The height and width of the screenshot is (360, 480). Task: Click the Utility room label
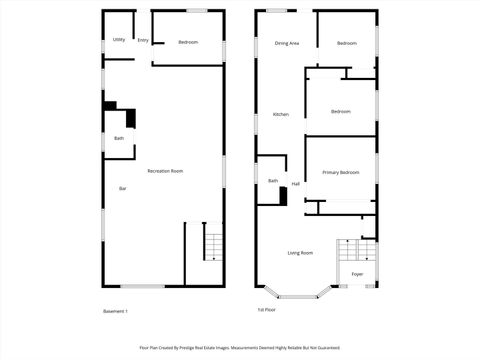click(119, 41)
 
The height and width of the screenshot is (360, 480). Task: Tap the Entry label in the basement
click(143, 41)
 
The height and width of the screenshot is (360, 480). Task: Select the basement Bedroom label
click(188, 42)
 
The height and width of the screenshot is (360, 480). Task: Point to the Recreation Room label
click(165, 171)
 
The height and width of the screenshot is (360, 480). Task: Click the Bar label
click(123, 189)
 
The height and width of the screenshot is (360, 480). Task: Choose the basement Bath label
click(119, 138)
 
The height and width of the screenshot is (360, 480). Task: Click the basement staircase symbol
click(212, 244)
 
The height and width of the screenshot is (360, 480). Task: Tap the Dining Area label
click(287, 43)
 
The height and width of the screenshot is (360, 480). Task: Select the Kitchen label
click(281, 114)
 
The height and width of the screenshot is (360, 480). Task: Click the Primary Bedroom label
click(340, 173)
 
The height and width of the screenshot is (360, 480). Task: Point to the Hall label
click(296, 184)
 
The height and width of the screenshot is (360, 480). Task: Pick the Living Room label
click(300, 253)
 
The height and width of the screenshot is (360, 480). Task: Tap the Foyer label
click(357, 274)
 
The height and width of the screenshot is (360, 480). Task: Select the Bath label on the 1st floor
click(273, 180)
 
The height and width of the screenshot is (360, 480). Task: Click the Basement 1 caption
click(116, 311)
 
